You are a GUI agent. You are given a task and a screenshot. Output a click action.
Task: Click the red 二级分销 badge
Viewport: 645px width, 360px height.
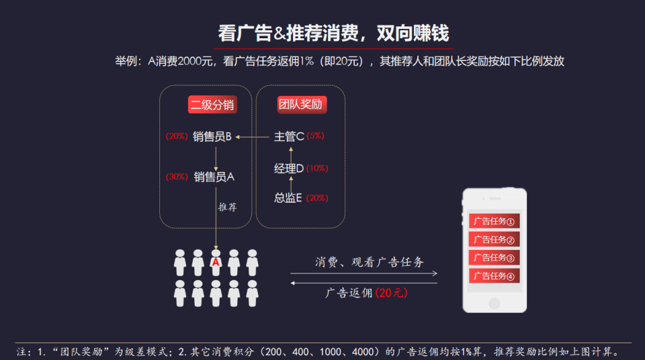point(212,105)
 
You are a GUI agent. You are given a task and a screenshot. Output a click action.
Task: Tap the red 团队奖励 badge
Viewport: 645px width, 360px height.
point(300,105)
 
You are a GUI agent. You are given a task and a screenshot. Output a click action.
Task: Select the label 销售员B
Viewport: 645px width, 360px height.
point(212,136)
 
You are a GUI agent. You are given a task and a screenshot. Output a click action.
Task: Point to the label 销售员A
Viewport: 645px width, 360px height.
point(214,177)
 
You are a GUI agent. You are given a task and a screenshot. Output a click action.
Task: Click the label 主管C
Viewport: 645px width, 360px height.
point(289,136)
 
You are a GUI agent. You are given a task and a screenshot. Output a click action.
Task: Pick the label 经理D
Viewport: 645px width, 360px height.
point(289,168)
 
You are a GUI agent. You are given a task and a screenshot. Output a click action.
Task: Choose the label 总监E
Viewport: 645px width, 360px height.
point(289,198)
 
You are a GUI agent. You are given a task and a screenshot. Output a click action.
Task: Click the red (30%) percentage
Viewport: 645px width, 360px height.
point(177,177)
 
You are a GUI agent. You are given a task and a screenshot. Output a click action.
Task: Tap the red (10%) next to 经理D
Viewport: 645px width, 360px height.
point(317,169)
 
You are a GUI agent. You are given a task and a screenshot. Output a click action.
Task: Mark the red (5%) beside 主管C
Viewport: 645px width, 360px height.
point(315,136)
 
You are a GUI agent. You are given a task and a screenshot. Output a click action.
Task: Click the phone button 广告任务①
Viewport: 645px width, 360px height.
point(494,221)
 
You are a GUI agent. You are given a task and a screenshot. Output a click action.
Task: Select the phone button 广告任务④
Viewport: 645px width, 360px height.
point(494,276)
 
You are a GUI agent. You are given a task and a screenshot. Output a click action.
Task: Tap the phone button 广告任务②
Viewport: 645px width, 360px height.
point(494,240)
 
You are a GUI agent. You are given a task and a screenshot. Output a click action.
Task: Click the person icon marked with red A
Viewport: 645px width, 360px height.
point(216,263)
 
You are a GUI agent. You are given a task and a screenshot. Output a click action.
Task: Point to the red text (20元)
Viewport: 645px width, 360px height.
point(392,293)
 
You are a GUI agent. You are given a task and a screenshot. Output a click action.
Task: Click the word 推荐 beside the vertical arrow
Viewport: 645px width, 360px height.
point(227,208)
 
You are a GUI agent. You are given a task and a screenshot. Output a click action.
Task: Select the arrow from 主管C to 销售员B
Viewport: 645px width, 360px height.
point(253,137)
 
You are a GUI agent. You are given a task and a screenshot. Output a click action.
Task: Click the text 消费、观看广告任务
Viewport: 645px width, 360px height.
point(370,262)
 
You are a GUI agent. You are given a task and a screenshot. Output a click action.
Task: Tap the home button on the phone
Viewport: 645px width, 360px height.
point(494,303)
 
